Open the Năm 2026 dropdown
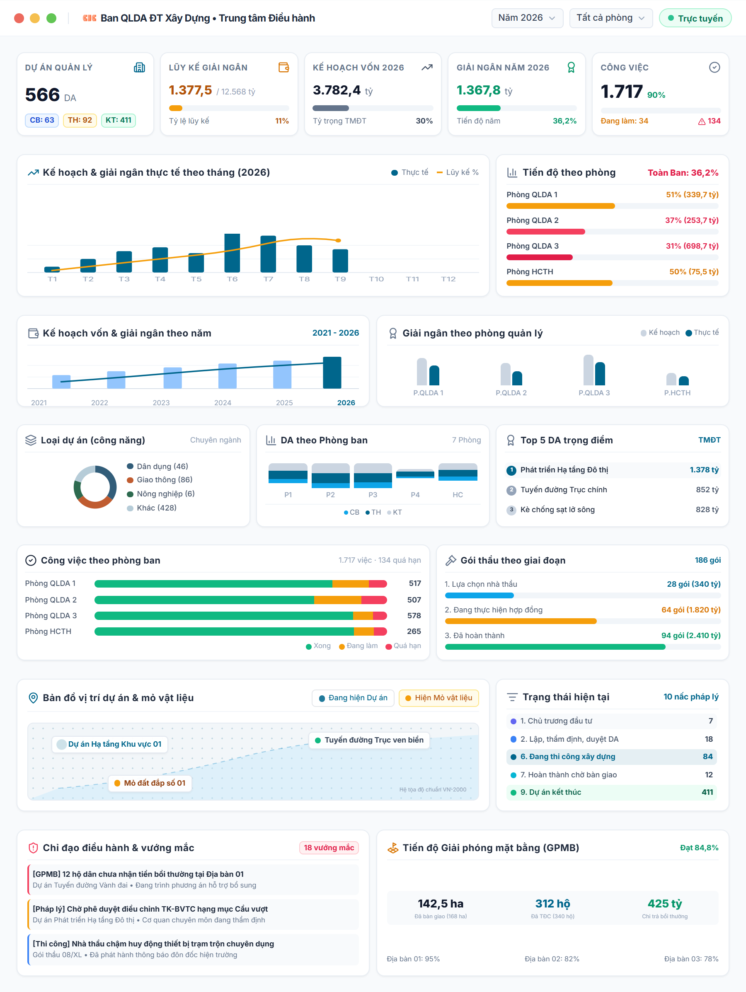coord(527,18)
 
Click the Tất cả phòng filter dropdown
coord(610,18)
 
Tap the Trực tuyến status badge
coord(695,18)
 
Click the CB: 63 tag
coord(42,120)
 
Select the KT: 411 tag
coord(119,120)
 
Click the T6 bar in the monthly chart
coord(232,253)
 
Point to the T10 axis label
coord(376,279)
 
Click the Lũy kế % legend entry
coord(458,172)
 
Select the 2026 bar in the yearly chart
coord(332,373)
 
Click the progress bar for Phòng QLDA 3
coord(612,257)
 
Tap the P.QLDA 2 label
coord(511,393)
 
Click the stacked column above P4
coord(415,474)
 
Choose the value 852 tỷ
coord(707,490)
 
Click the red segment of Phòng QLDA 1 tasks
coord(378,583)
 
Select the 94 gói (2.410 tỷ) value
coord(691,636)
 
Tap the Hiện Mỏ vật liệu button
coord(439,698)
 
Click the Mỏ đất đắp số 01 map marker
coord(150,783)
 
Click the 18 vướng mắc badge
coord(329,848)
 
